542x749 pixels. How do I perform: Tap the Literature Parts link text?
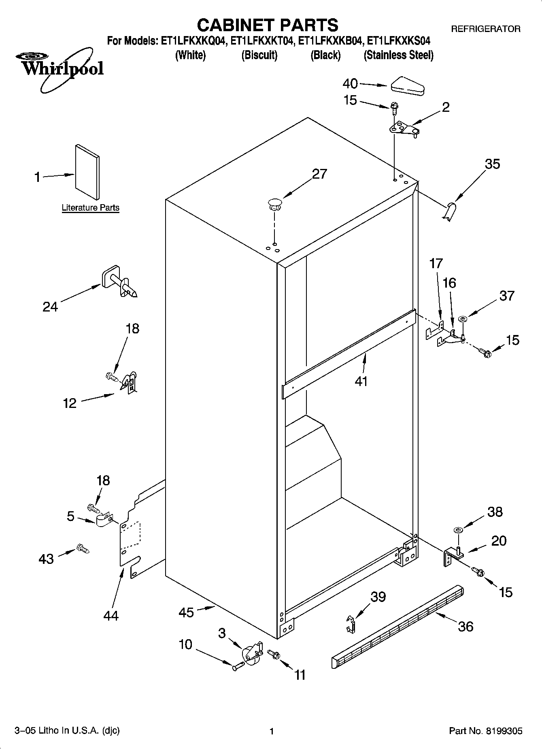(x=90, y=208)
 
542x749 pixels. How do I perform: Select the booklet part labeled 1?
(x=87, y=172)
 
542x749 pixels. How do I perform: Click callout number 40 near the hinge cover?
(x=350, y=84)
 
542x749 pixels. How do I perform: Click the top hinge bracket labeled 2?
(x=404, y=129)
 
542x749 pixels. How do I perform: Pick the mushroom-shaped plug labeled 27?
(x=275, y=203)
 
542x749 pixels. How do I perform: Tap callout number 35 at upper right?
(x=492, y=164)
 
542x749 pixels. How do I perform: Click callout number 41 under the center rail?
(x=361, y=381)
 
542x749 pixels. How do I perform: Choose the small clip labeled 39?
(x=351, y=624)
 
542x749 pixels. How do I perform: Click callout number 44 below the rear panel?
(x=111, y=616)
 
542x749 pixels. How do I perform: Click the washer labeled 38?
(x=458, y=530)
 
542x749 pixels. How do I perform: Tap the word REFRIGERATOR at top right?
(x=486, y=29)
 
